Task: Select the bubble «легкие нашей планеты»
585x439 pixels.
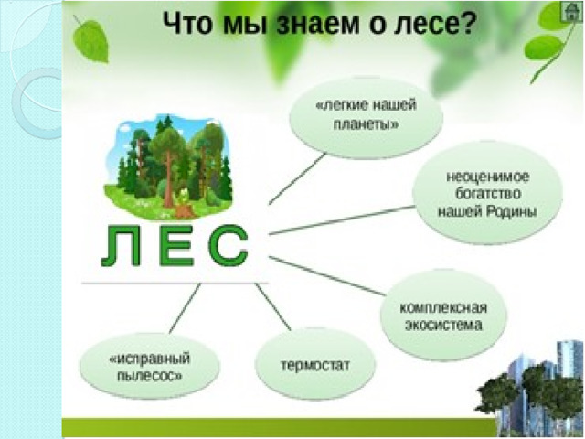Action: coord(366,117)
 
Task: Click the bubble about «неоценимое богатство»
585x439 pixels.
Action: coord(487,193)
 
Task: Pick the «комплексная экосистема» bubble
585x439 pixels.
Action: coord(443,316)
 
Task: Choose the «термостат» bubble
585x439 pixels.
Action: coord(315,365)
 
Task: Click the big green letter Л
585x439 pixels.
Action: coord(122,247)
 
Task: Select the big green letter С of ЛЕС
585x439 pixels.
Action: coord(229,246)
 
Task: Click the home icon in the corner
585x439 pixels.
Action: coord(571,13)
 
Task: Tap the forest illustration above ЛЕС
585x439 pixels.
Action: coord(168,168)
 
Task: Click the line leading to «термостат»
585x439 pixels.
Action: coord(273,307)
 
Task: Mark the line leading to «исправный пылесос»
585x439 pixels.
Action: coord(185,308)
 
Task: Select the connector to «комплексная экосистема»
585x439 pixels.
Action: coord(327,276)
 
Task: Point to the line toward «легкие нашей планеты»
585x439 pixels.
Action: coord(297,179)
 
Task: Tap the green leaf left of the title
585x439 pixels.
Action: coord(90,40)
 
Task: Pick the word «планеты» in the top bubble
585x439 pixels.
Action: coord(366,124)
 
